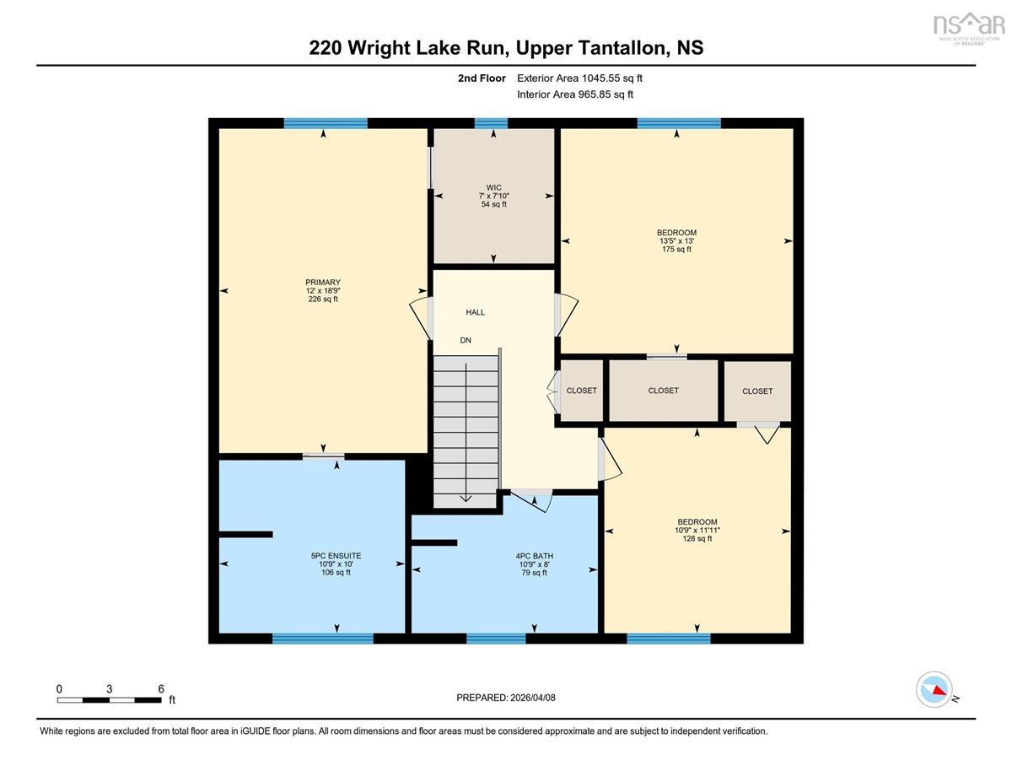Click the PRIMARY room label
coord(323,283)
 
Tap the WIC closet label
coord(493,188)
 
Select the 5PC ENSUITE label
coord(336,556)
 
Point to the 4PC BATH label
coord(534,556)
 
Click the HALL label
coord(475,312)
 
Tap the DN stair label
coord(466,341)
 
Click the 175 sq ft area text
coord(676,249)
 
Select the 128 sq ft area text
coord(697,538)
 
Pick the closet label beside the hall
coord(581,391)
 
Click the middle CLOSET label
coord(663,391)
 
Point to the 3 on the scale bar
coord(109,689)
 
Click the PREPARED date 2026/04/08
coord(533,698)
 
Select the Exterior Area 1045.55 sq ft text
coord(579,78)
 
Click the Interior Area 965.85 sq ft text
coord(574,94)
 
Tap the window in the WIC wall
coord(491,123)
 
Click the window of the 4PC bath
coord(496,639)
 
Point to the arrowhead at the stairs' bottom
coord(466,499)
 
